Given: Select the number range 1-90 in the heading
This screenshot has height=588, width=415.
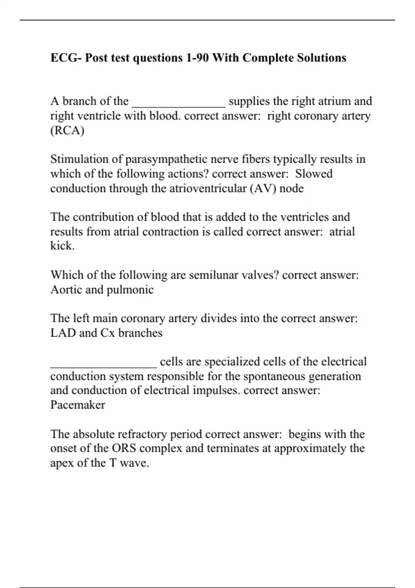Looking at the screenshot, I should tap(197, 57).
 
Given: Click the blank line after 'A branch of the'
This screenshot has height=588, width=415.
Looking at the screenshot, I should tap(179, 104).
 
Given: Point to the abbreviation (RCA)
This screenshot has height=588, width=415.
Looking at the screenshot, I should tap(67, 130).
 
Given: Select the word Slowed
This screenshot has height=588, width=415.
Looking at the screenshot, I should tap(314, 174).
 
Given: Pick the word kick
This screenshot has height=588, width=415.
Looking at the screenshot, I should tap(62, 246).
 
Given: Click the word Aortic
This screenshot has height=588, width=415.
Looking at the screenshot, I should tap(66, 290).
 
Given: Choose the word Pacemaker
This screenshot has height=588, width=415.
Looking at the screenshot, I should tap(77, 405).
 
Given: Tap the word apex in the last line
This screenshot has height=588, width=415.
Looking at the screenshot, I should tap(62, 463).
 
